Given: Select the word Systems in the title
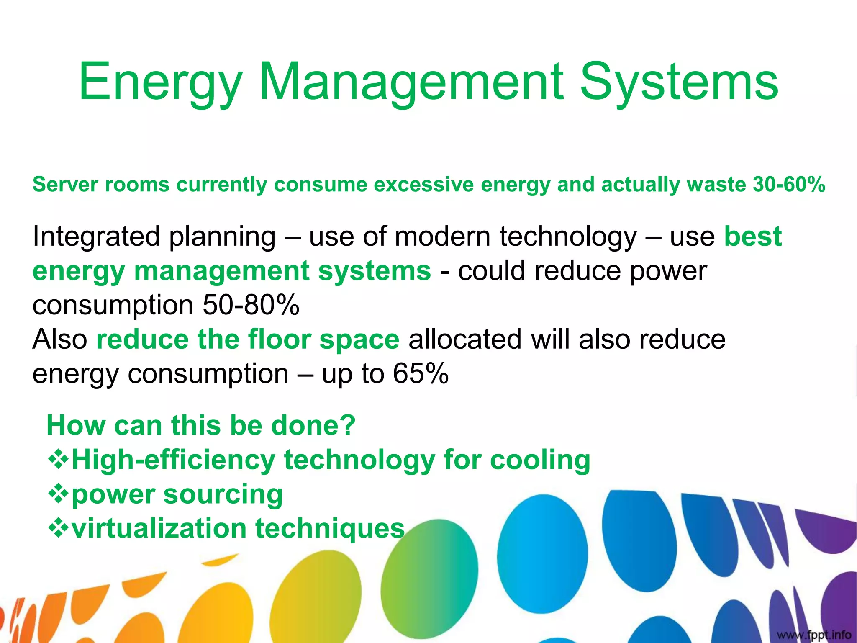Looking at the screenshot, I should click(679, 82).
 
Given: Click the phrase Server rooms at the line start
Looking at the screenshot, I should click(101, 185).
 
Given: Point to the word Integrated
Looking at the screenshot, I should click(96, 237).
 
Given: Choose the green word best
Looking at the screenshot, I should click(753, 237).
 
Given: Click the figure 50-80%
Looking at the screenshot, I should click(251, 305).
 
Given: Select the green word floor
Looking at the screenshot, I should click(280, 339).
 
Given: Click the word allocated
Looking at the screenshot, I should click(465, 339).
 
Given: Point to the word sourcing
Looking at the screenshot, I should click(223, 494).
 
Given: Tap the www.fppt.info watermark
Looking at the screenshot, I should click(814, 635).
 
